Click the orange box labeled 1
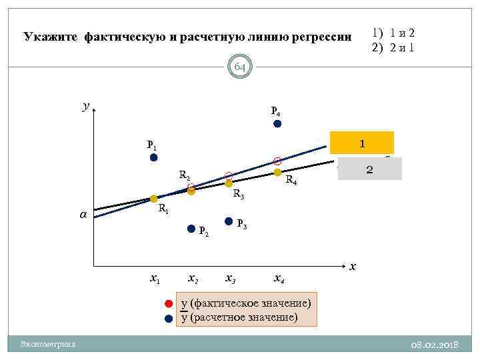pyautogui.click(x=362, y=143)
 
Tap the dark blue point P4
pyautogui.click(x=277, y=123)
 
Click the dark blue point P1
pyautogui.click(x=153, y=157)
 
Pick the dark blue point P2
pyautogui.click(x=191, y=229)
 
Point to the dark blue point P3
pyautogui.click(x=229, y=221)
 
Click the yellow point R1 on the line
pyautogui.click(x=153, y=199)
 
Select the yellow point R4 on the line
pyautogui.click(x=277, y=172)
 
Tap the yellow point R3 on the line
pyautogui.click(x=229, y=183)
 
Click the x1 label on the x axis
pyautogui.click(x=155, y=278)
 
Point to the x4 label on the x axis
pyautogui.click(x=281, y=278)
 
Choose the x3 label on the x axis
pyautogui.click(x=230, y=278)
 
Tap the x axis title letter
pyautogui.click(x=353, y=266)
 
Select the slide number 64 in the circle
pyautogui.click(x=240, y=67)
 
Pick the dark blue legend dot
pyautogui.click(x=169, y=318)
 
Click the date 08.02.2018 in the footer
pyautogui.click(x=434, y=344)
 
